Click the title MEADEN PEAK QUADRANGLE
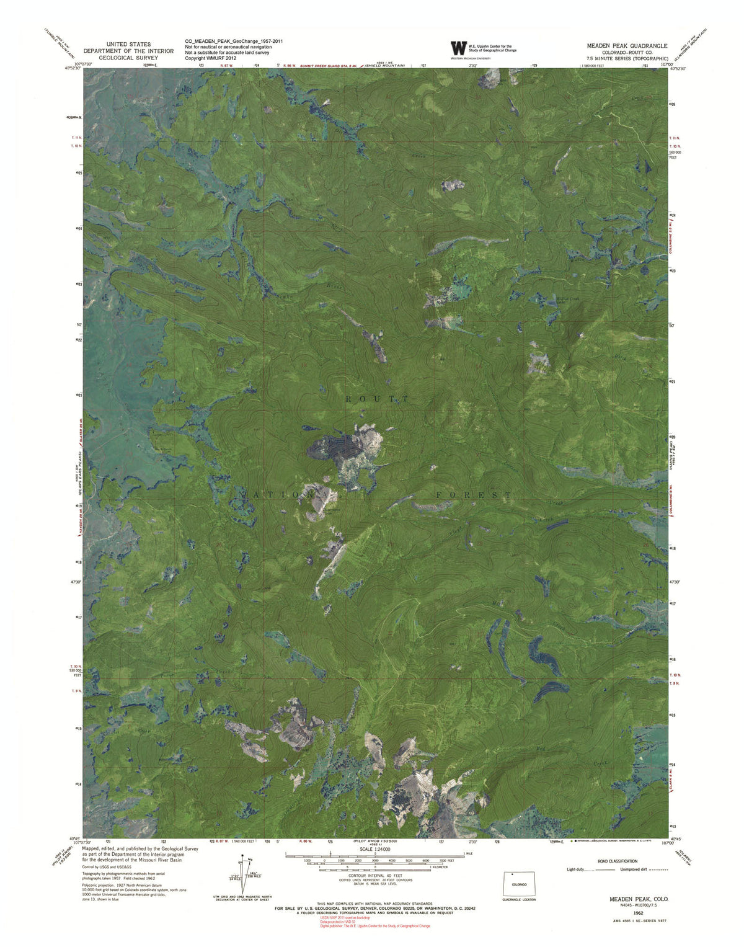click(627, 46)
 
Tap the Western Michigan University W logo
click(458, 48)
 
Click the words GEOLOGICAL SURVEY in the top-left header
click(128, 58)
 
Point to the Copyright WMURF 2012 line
click(211, 58)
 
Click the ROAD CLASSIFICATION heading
click(617, 861)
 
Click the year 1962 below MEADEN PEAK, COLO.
click(639, 913)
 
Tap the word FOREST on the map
click(474, 494)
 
